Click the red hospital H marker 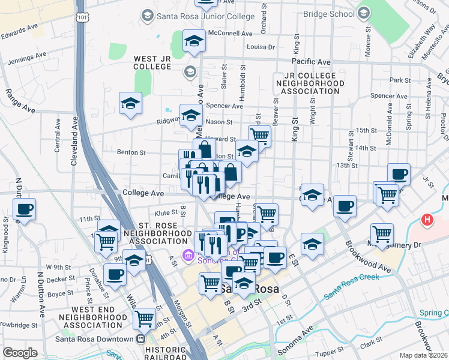pos(427,220)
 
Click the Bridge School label pos(329,13)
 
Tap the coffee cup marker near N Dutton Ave pos(25,209)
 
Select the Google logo pos(20,353)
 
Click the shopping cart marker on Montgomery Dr pos(382,233)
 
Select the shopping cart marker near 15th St pos(259,136)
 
